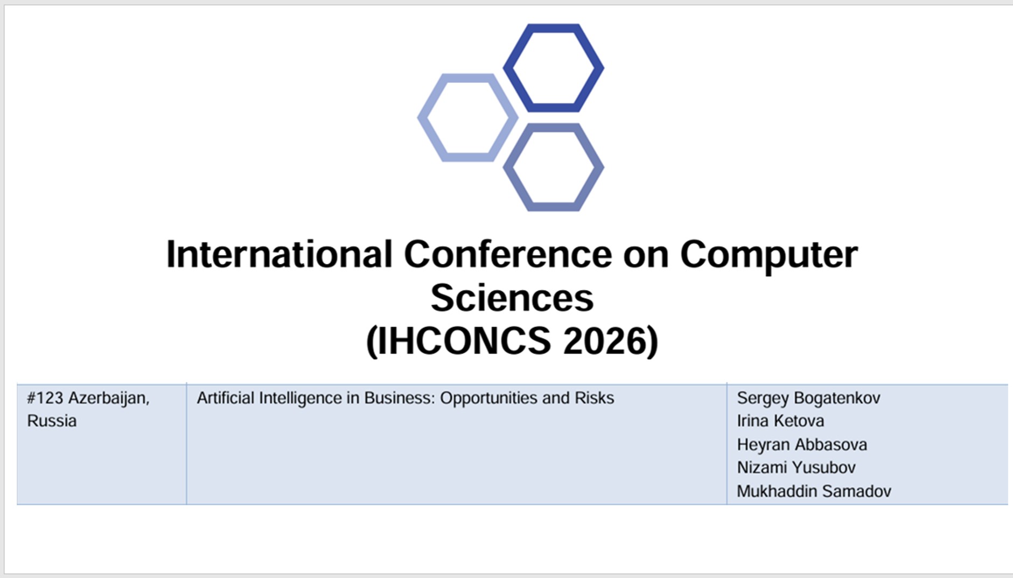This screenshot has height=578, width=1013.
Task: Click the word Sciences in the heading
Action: point(512,297)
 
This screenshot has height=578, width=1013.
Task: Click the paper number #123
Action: point(45,398)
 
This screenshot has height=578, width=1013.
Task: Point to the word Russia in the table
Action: point(52,421)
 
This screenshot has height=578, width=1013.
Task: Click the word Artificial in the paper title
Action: point(225,398)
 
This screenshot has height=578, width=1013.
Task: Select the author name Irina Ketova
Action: point(780,421)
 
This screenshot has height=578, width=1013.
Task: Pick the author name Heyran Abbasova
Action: point(802,445)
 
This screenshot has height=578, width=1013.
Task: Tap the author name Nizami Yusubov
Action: point(796,468)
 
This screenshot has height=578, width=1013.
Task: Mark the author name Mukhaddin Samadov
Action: point(814,491)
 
